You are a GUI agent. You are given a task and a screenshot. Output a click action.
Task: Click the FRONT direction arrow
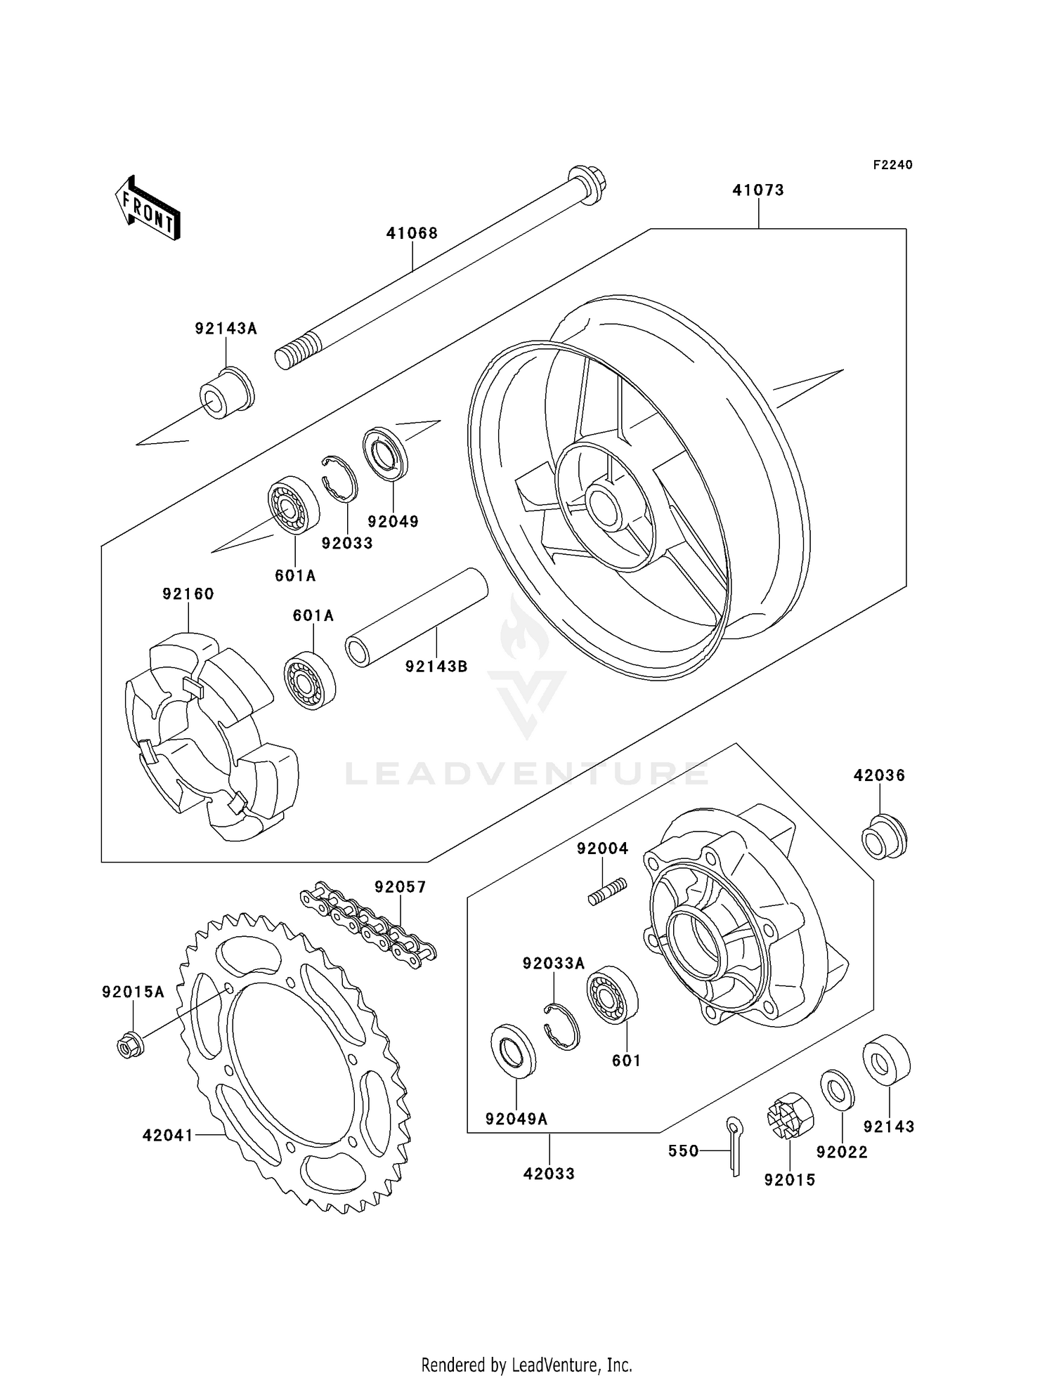(x=148, y=209)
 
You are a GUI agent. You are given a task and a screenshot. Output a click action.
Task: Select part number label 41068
(x=412, y=233)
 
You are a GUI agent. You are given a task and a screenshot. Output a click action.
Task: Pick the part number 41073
(x=758, y=190)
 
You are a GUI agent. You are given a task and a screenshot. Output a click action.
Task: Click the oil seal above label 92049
(x=385, y=454)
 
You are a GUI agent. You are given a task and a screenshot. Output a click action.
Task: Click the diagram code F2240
(x=892, y=165)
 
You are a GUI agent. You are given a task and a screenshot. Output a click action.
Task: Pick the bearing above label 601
(x=612, y=995)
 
